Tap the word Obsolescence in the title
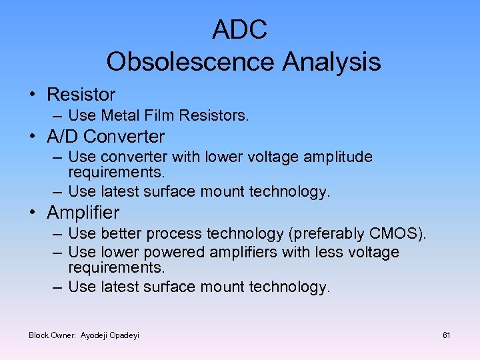pyautogui.click(x=190, y=62)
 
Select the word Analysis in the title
pyautogui.click(x=331, y=62)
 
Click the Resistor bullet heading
pyautogui.click(x=81, y=95)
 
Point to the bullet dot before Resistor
pyautogui.click(x=32, y=95)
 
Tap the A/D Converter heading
pyautogui.click(x=105, y=137)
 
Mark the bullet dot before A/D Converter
pyautogui.click(x=32, y=137)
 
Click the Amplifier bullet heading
pyautogui.click(x=83, y=213)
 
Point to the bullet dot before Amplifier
pyautogui.click(x=32, y=213)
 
